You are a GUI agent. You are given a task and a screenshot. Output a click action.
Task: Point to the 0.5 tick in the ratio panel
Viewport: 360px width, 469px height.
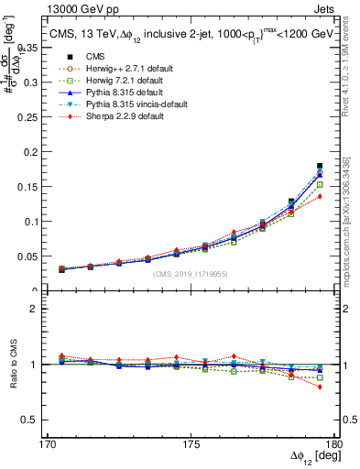click(42, 420)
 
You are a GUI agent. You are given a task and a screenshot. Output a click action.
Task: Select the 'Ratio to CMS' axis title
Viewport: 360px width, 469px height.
click(14, 364)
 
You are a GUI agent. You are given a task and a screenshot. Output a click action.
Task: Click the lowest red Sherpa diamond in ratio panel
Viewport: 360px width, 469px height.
click(319, 387)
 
